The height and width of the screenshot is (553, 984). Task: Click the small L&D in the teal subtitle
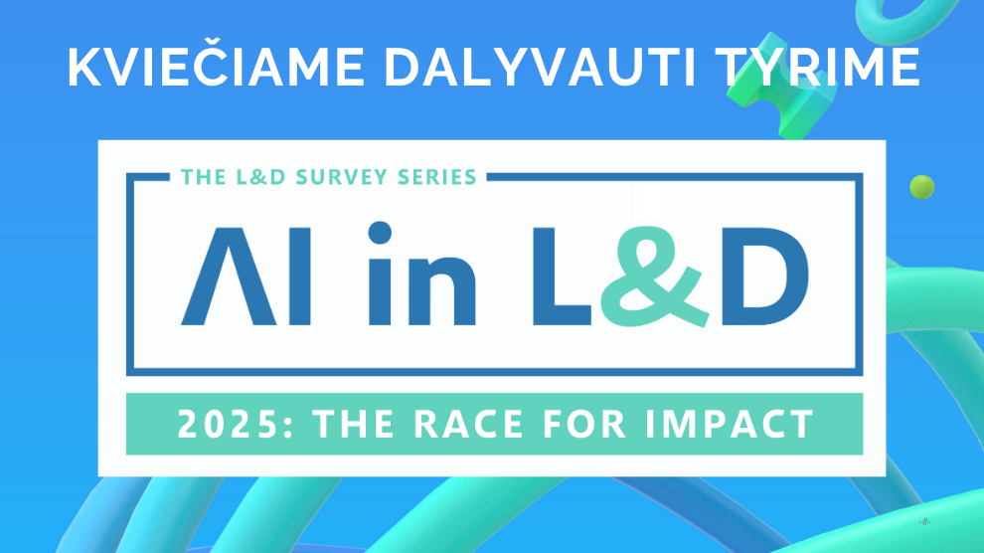click(260, 177)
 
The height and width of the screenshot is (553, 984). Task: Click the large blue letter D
click(764, 276)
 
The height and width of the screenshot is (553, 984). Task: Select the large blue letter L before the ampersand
click(561, 276)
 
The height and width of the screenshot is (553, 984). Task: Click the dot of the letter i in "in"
click(380, 233)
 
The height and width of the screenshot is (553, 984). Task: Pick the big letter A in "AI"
click(229, 276)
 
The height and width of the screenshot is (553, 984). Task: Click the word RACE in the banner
click(468, 424)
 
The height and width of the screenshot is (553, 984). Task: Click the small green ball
click(921, 187)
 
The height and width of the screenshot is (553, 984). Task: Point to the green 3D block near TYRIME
click(782, 86)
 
